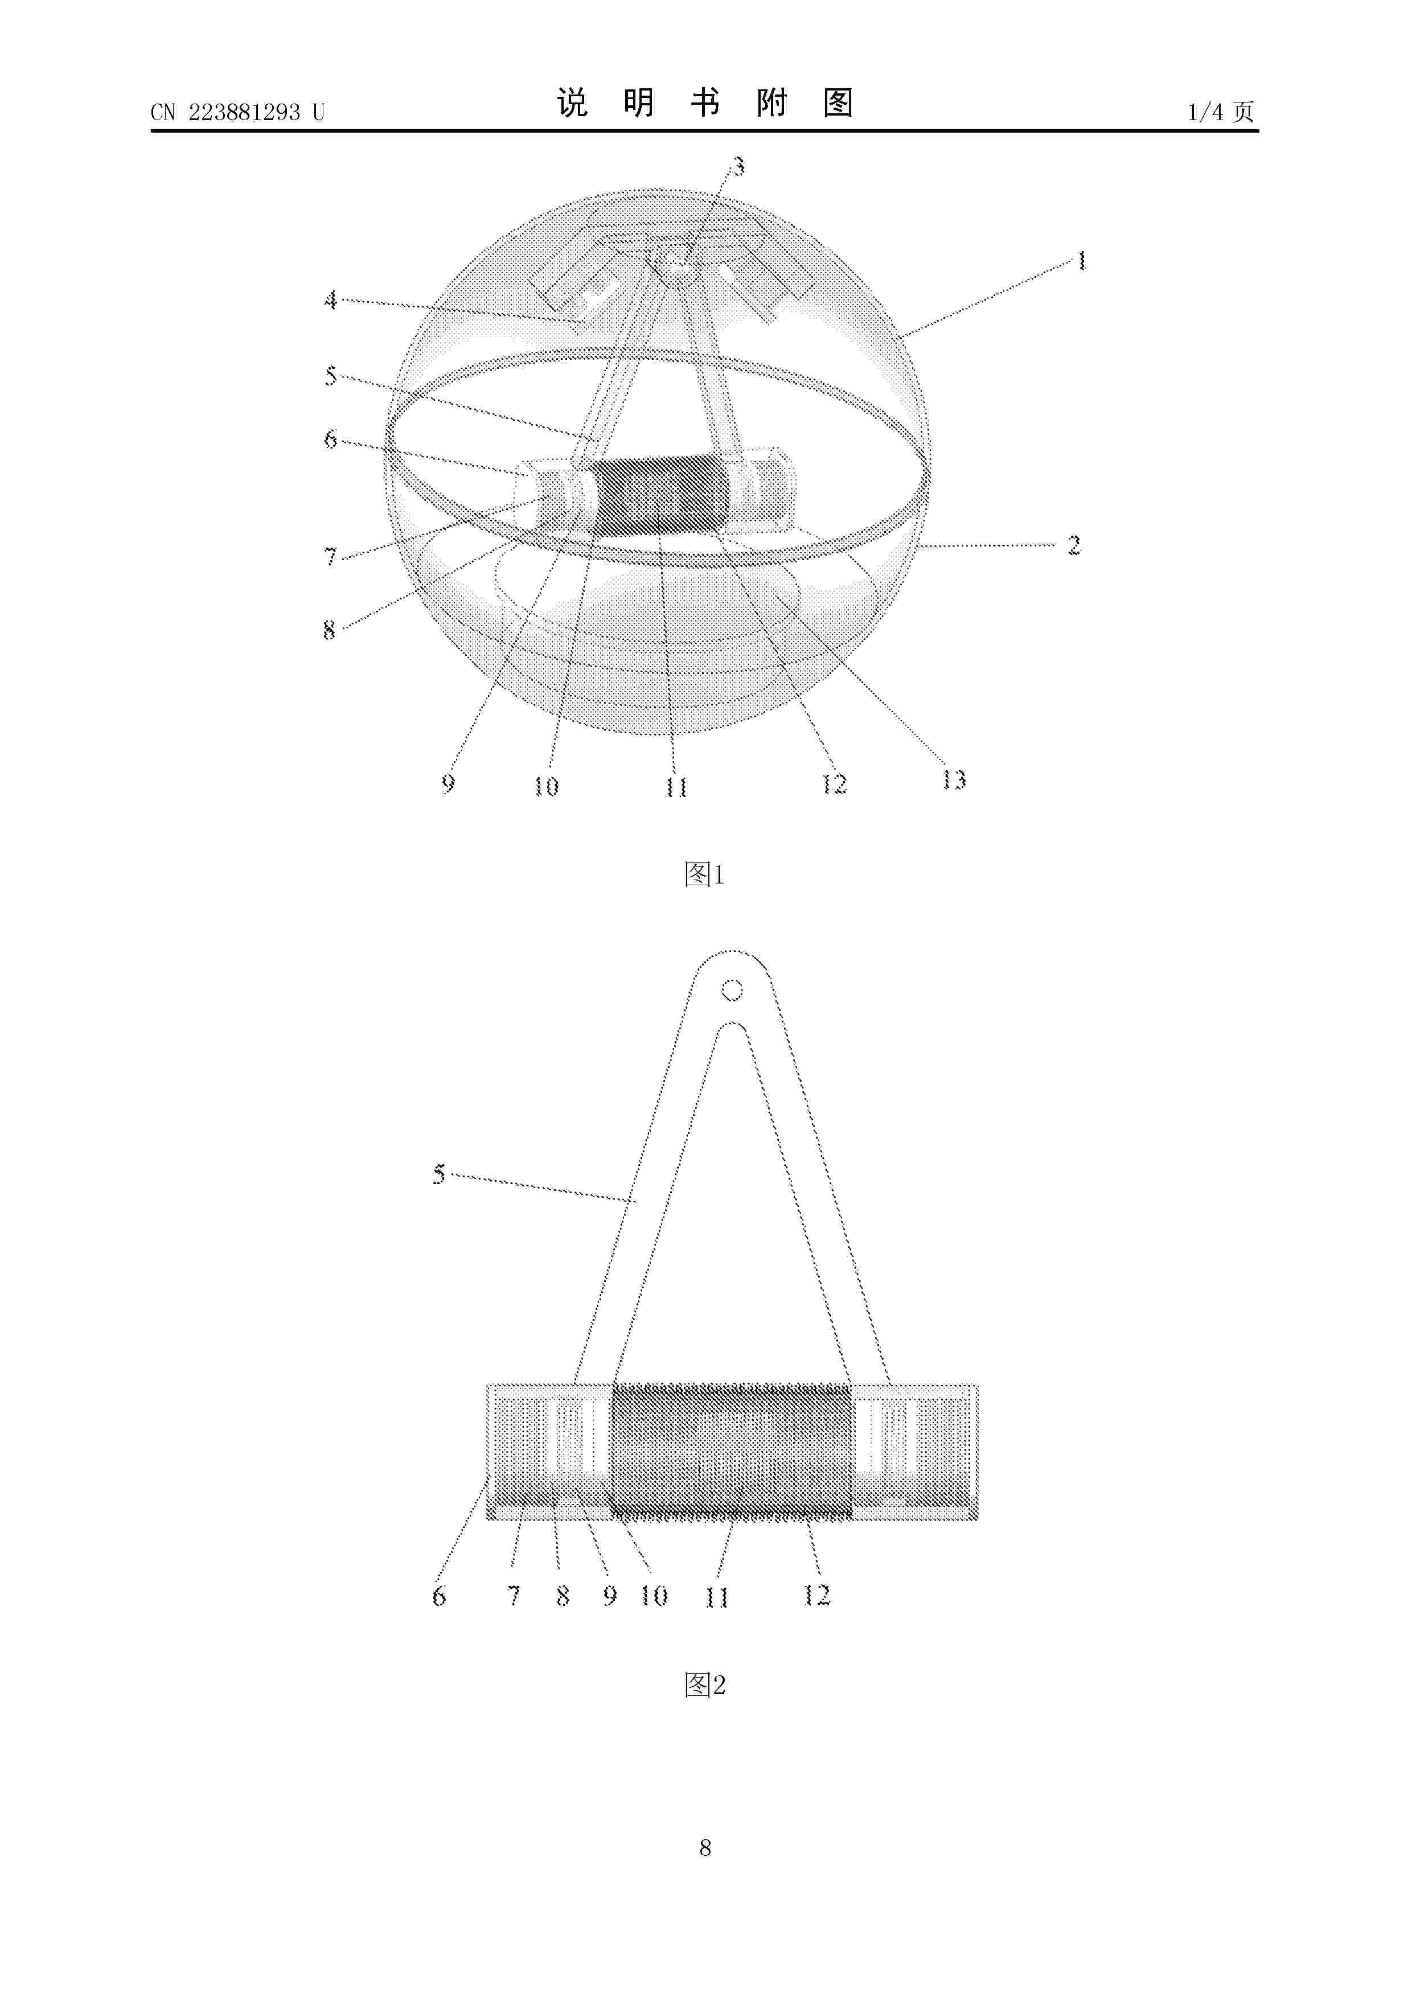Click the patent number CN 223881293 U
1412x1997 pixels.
tap(237, 112)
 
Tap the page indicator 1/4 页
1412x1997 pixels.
tap(1221, 112)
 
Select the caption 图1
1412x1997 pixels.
tap(705, 874)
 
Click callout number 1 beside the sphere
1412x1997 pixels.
tap(1081, 260)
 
